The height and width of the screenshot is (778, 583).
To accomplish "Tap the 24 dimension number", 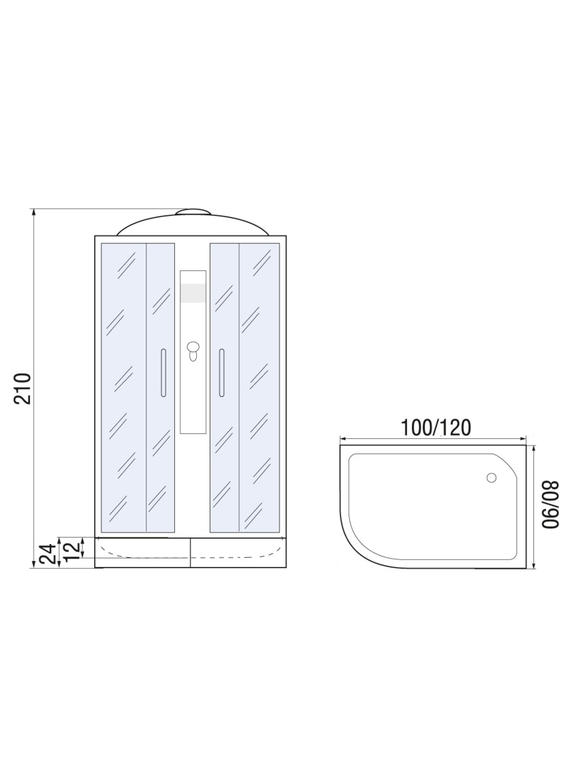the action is [47, 554].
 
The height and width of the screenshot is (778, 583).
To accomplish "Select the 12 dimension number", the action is [72, 551].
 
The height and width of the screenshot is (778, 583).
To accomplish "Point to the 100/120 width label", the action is [435, 427].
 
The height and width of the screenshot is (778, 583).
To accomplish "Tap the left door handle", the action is [163, 373].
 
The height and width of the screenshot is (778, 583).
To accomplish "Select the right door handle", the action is [222, 373].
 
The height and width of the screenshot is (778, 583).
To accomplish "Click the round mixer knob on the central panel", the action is [193, 346].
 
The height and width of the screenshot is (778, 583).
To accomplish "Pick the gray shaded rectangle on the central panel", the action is [193, 293].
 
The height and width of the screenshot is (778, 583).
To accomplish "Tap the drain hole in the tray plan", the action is [491, 477].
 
